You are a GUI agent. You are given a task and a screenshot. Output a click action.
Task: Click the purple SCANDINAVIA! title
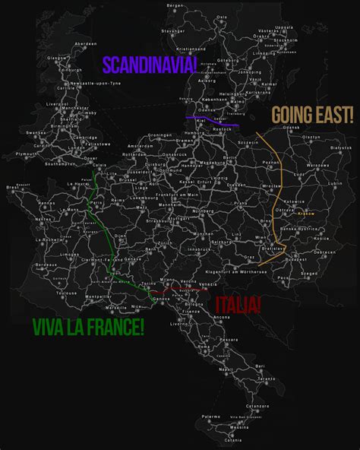tap(149, 65)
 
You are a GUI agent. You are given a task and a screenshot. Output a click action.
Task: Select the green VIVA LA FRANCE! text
tap(88, 327)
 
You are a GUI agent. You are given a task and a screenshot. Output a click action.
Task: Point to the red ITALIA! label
tap(238, 306)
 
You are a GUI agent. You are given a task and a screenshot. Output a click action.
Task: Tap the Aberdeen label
tap(86, 44)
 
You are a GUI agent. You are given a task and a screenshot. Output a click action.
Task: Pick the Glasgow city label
tap(53, 57)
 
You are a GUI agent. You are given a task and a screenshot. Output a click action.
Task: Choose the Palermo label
tap(210, 417)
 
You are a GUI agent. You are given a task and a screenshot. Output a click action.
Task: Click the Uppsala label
tap(284, 27)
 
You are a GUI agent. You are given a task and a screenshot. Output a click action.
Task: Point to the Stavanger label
tap(172, 31)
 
